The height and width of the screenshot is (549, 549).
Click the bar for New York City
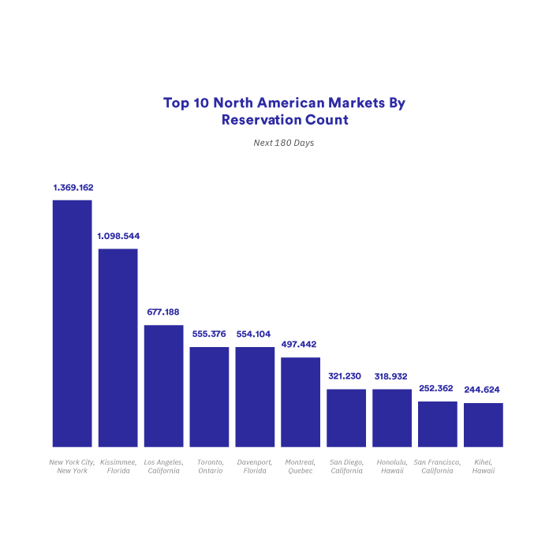coord(72,323)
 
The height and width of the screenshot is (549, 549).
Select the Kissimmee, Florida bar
coord(118,348)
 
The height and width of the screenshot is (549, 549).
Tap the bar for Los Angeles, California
coord(163,386)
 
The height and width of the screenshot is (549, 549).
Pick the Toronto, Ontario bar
coord(209,397)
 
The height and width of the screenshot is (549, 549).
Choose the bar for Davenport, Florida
coord(255,397)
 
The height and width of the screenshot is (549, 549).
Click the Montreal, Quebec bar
coord(301,402)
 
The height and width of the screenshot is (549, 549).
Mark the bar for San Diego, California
coord(346,418)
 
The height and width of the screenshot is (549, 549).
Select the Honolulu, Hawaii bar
coord(392,418)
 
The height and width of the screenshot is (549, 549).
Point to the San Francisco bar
coord(438,424)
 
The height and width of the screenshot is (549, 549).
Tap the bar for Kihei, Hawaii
coord(484,425)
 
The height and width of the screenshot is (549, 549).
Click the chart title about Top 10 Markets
coord(284,111)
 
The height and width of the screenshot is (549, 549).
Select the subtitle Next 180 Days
coord(284,144)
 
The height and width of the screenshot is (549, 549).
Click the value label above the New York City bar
coord(73,188)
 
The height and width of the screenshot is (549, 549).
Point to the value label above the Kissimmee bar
coord(118,236)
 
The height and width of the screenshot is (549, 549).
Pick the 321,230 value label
coord(346,375)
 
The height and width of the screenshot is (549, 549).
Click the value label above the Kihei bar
coord(484,390)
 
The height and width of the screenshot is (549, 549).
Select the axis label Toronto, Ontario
coord(210,466)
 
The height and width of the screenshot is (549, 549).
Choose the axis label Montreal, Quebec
coord(301,466)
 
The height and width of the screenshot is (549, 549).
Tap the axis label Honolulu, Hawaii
coord(392,466)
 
